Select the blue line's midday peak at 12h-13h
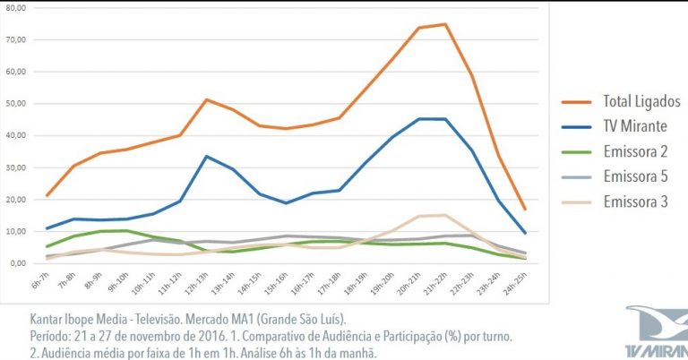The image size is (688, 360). click(x=207, y=157)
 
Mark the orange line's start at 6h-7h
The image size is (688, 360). click(x=47, y=195)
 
